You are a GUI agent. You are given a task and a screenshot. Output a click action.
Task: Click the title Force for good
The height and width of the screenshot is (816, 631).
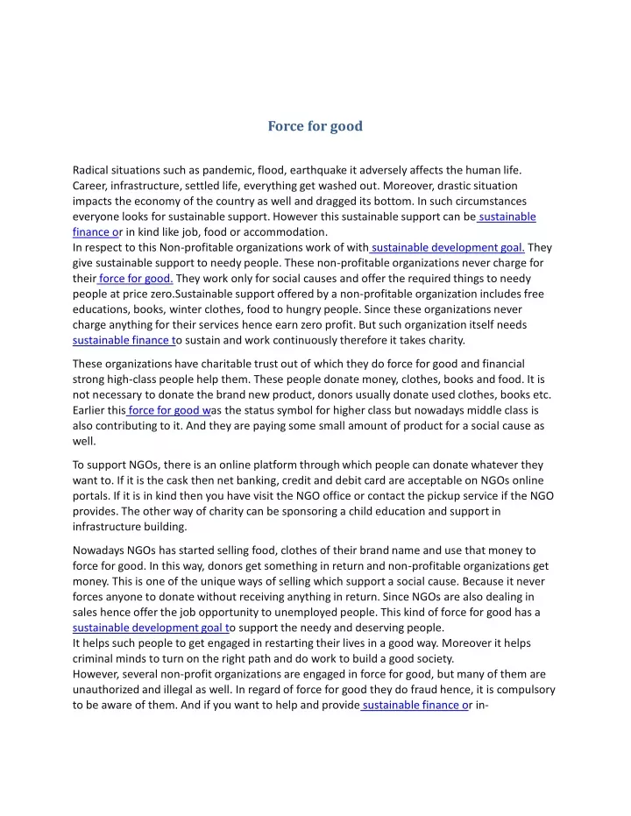pos(315,126)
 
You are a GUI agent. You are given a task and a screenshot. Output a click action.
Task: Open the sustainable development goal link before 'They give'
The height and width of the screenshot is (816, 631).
pos(448,248)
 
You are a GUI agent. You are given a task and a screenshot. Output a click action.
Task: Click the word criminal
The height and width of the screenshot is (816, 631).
pos(94,658)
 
